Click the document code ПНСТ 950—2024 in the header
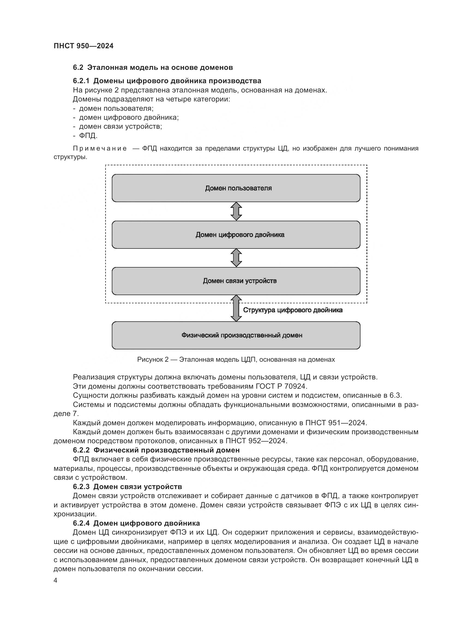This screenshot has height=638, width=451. pyautogui.click(x=84, y=46)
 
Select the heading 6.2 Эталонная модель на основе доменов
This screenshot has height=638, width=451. pyautogui.click(x=153, y=68)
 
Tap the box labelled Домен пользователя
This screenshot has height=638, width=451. pyautogui.click(x=236, y=188)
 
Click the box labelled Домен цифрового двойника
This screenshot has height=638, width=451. pyautogui.click(x=236, y=235)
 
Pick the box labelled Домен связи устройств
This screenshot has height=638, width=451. pyautogui.click(x=236, y=281)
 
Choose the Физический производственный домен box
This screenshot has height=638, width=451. pyautogui.click(x=236, y=336)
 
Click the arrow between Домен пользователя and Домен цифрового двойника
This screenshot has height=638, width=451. pyautogui.click(x=236, y=211)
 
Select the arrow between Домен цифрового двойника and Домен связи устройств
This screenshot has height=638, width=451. pyautogui.click(x=236, y=258)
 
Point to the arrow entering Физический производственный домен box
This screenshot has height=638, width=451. pyautogui.click(x=236, y=308)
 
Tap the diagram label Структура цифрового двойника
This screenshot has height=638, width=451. pyautogui.click(x=293, y=310)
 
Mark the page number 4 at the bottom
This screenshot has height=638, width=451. pyautogui.click(x=56, y=580)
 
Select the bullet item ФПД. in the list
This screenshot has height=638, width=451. pyautogui.click(x=88, y=136)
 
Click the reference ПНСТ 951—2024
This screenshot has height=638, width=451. pyautogui.click(x=336, y=423)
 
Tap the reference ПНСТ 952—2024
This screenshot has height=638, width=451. pyautogui.click(x=256, y=441)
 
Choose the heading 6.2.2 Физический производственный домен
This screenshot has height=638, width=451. pyautogui.click(x=156, y=450)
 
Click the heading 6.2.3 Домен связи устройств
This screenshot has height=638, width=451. pyautogui.click(x=127, y=487)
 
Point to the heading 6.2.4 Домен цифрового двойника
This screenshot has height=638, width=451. pyautogui.click(x=136, y=523)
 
